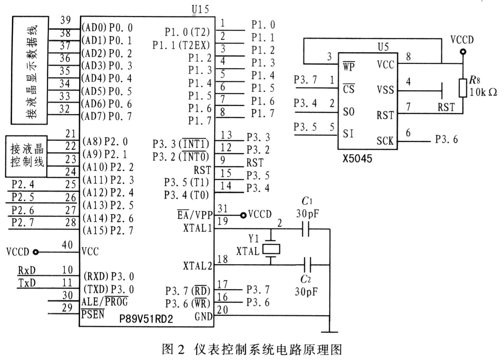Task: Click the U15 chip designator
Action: [200, 9]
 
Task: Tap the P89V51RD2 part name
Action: [146, 318]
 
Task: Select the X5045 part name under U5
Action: [357, 159]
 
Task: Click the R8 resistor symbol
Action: [463, 88]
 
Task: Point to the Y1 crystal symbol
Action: [272, 249]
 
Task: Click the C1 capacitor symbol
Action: [305, 229]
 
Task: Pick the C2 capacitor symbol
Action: [307, 265]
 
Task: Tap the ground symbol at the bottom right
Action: [329, 332]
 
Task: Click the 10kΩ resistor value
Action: [483, 92]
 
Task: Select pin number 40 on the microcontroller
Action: [67, 245]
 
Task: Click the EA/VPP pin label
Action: [195, 215]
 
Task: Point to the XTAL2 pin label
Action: [197, 266]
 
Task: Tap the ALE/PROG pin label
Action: [105, 302]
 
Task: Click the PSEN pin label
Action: [93, 314]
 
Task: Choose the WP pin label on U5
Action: [349, 66]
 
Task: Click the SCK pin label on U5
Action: [385, 141]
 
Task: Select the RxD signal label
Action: [27, 270]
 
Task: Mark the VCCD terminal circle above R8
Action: [463, 52]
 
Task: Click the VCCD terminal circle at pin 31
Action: [243, 215]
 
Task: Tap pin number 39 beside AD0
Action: [66, 20]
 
